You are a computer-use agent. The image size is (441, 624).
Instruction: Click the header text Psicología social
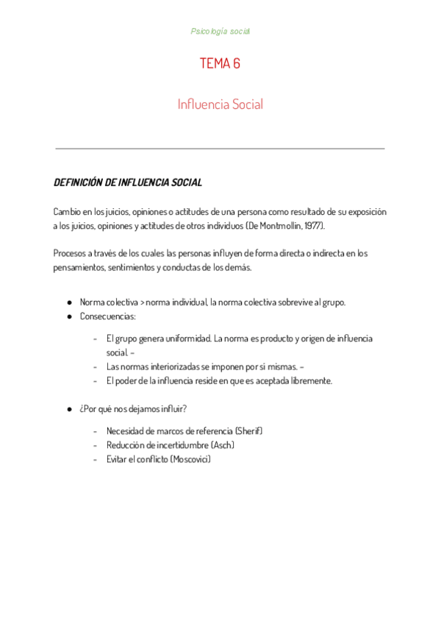[x=220, y=32]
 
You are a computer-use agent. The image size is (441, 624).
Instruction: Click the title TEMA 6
[x=220, y=64]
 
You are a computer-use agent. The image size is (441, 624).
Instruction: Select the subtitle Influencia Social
[x=220, y=104]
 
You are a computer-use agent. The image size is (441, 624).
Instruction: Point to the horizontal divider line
[x=220, y=149]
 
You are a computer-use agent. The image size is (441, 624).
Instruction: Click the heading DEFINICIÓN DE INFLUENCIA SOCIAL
[x=128, y=182]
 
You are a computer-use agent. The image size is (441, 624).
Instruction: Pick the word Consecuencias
[x=107, y=316]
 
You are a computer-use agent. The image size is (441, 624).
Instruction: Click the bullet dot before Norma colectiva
[x=69, y=302]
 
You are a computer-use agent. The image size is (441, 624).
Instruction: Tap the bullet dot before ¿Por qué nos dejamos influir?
[x=69, y=409]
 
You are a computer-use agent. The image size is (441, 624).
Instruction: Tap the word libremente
[x=312, y=380]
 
